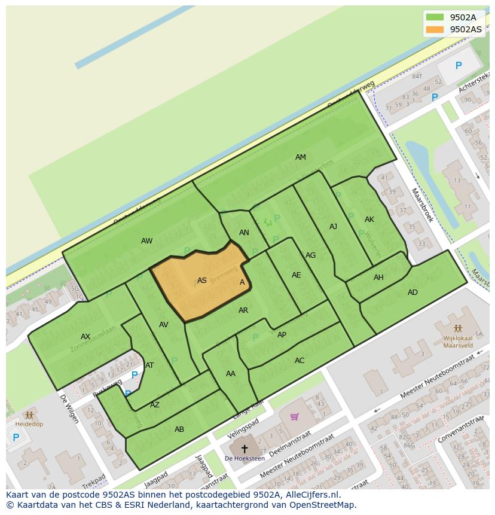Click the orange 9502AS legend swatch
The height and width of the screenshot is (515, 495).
[435, 29]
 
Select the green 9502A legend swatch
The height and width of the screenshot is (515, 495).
[435, 17]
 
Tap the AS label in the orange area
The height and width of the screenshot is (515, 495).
[202, 281]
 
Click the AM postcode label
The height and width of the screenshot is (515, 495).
[300, 157]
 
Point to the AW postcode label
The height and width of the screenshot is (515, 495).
[146, 241]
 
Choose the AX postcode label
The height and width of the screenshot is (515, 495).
[85, 337]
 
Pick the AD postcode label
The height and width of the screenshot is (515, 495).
[412, 292]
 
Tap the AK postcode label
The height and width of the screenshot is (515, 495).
[369, 220]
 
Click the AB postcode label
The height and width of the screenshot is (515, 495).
[179, 429]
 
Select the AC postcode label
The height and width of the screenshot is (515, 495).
[300, 360]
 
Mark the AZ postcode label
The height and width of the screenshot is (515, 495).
[155, 405]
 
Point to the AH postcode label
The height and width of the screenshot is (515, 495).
[378, 278]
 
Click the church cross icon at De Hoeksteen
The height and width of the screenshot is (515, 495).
[244, 448]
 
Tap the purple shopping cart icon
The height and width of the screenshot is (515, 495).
[294, 416]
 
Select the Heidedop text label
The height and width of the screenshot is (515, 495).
[28, 423]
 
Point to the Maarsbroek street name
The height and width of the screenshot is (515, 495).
[421, 205]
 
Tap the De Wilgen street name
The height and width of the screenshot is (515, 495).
[69, 409]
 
